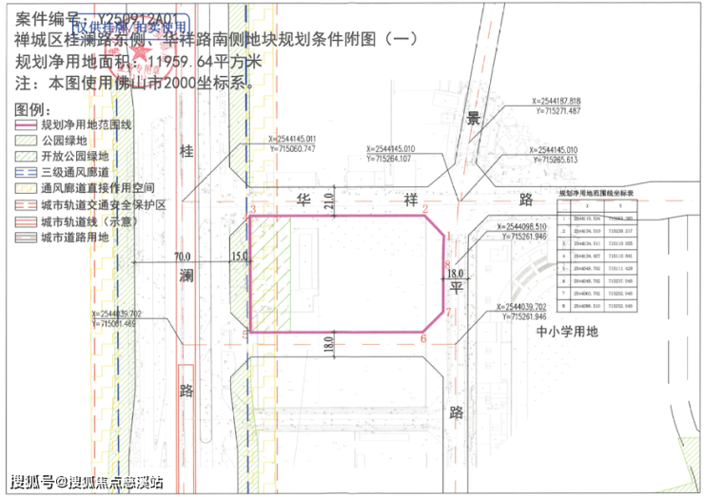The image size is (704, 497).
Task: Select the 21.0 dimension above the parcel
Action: tap(328, 199)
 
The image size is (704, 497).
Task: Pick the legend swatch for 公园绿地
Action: tap(26, 141)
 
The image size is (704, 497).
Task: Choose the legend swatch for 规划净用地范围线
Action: tap(26, 124)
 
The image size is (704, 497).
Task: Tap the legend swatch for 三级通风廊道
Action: tap(26, 173)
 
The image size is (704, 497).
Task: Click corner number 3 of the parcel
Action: tap(254, 208)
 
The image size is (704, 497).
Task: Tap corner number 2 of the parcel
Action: tap(426, 208)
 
